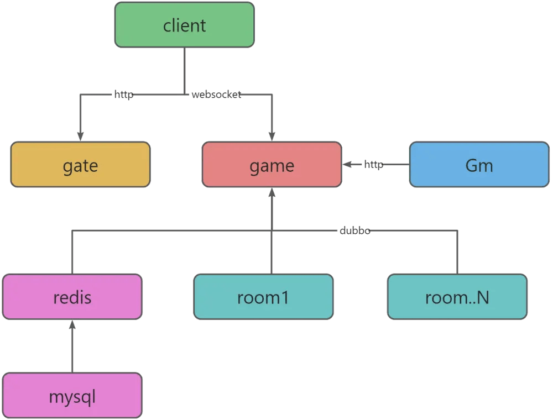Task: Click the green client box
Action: click(x=185, y=25)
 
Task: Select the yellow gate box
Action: click(x=80, y=165)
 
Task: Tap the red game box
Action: click(x=272, y=165)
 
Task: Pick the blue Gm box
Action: click(x=479, y=165)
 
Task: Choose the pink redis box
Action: click(x=72, y=297)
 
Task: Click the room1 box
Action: click(x=263, y=297)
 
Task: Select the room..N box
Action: click(x=457, y=297)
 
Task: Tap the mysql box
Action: click(x=72, y=395)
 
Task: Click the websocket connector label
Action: click(x=217, y=95)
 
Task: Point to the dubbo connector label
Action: click(x=355, y=231)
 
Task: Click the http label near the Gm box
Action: click(x=373, y=165)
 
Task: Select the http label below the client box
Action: click(x=124, y=95)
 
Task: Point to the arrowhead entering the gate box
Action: click(x=80, y=136)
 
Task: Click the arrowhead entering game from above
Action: click(x=272, y=136)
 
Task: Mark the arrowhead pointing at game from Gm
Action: click(x=347, y=165)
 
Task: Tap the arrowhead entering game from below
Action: click(x=272, y=192)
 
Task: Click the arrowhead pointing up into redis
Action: click(x=72, y=324)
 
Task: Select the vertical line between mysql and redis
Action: click(x=72, y=347)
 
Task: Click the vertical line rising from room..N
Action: click(x=457, y=253)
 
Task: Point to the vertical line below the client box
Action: click(x=185, y=71)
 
